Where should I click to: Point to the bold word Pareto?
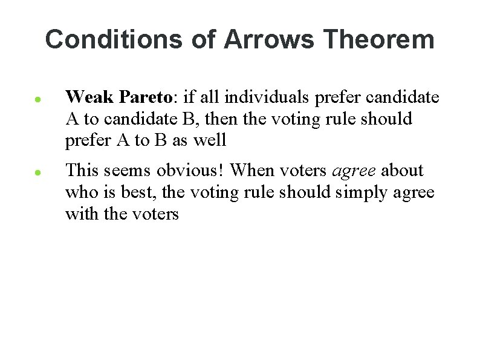(x=145, y=96)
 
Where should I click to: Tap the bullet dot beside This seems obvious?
(x=37, y=172)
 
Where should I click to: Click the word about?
(x=402, y=171)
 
